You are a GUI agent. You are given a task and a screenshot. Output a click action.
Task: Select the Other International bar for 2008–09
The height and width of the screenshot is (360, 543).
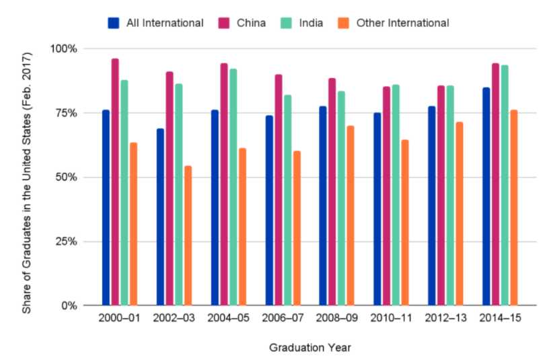pos(351,215)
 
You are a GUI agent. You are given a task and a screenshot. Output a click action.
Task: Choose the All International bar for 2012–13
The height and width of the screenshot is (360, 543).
pos(432,205)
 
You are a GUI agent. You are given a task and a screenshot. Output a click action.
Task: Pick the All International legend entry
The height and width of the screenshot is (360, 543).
pos(156,23)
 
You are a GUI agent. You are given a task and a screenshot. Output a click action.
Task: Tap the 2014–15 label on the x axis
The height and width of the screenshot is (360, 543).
pos(500,318)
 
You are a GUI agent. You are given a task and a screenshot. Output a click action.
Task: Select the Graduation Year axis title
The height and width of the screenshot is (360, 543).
pos(310,348)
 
